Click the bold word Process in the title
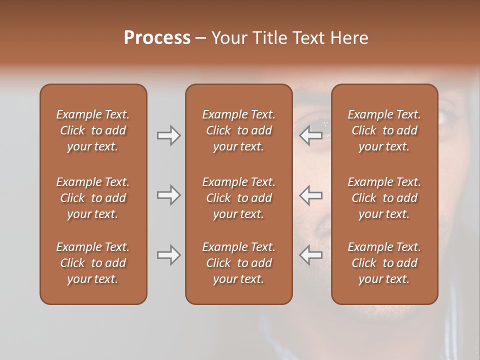(x=157, y=38)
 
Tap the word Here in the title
(x=349, y=38)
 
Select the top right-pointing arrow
(x=168, y=135)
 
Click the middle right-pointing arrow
(x=168, y=195)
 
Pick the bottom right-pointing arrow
(x=168, y=255)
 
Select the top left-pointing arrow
(x=310, y=135)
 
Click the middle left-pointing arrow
(x=310, y=195)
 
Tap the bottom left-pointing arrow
(x=310, y=255)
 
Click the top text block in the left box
(x=93, y=130)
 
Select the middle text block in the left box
(x=93, y=198)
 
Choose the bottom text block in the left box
(x=93, y=263)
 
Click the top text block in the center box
(x=238, y=130)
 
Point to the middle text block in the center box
(x=238, y=198)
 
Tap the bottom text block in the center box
(x=238, y=263)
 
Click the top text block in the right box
(x=384, y=130)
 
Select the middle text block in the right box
(x=384, y=198)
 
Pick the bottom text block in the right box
(x=384, y=263)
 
